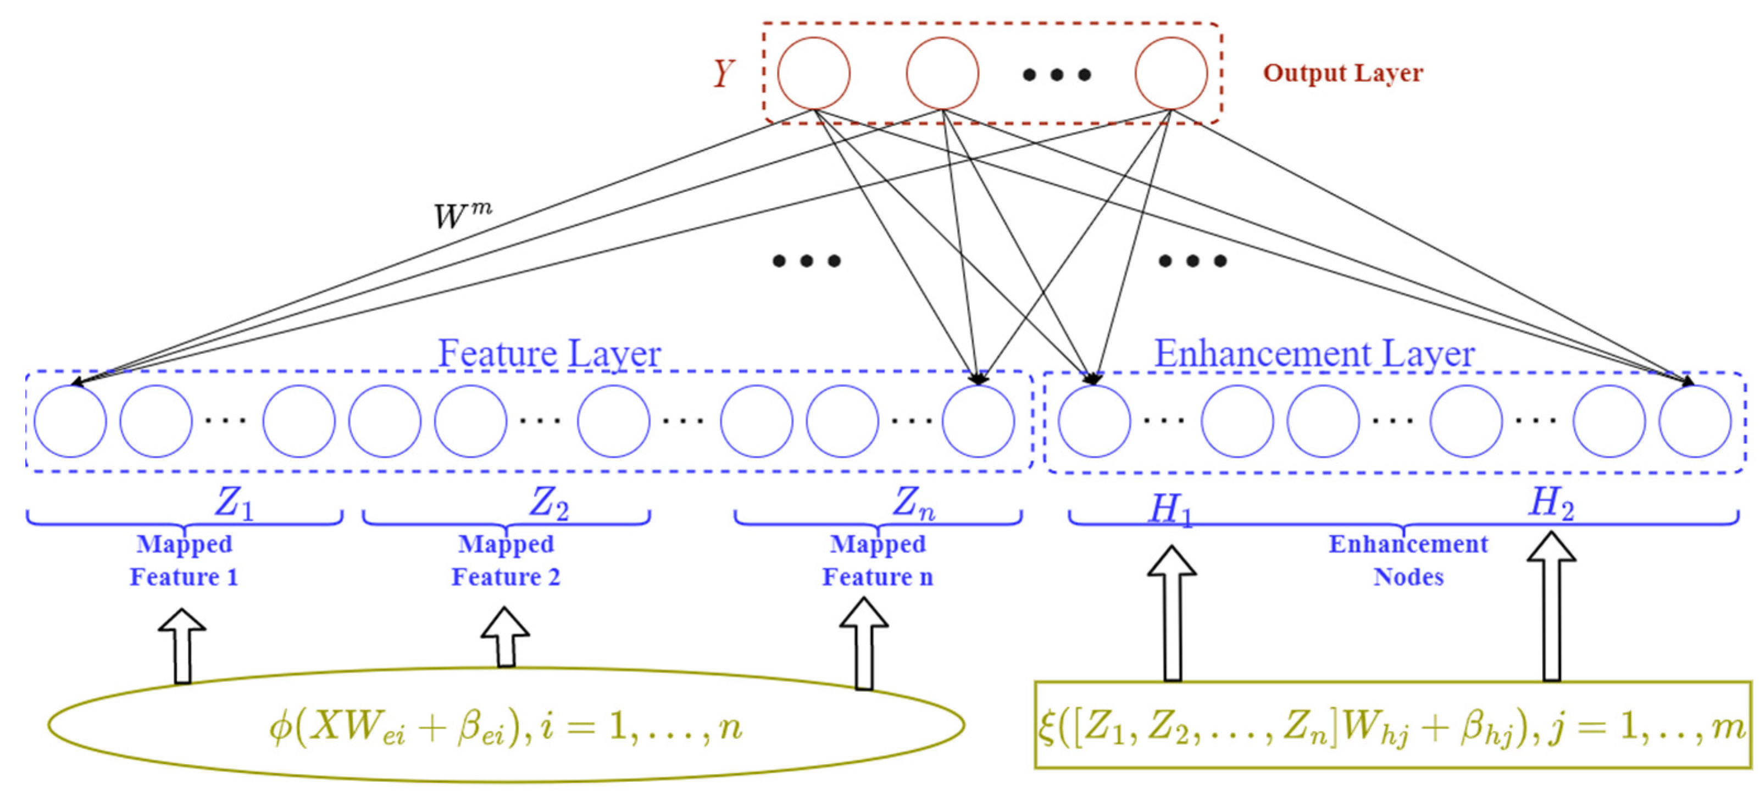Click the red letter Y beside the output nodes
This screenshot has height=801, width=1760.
pyautogui.click(x=724, y=73)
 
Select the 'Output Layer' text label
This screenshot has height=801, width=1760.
pyautogui.click(x=1342, y=73)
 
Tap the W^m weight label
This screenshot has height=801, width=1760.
pyautogui.click(x=463, y=216)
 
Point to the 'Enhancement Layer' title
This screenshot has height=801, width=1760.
pyautogui.click(x=1314, y=354)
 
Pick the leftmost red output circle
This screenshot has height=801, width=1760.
pyautogui.click(x=813, y=73)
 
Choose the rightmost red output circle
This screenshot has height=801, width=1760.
pyautogui.click(x=1170, y=73)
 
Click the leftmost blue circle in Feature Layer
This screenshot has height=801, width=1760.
pyautogui.click(x=70, y=421)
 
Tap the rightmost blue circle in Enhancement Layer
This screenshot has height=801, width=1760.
pyautogui.click(x=1695, y=421)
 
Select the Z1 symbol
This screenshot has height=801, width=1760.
pyautogui.click(x=234, y=504)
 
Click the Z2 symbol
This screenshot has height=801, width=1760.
pyautogui.click(x=548, y=504)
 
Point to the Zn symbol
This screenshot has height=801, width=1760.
pyautogui.click(x=913, y=504)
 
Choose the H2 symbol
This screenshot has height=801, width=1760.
pyautogui.click(x=1551, y=504)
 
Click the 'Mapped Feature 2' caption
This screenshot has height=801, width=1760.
pyautogui.click(x=506, y=560)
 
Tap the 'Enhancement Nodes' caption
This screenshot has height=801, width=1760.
pyautogui.click(x=1408, y=560)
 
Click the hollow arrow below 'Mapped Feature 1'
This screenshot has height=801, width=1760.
pyautogui.click(x=182, y=646)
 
